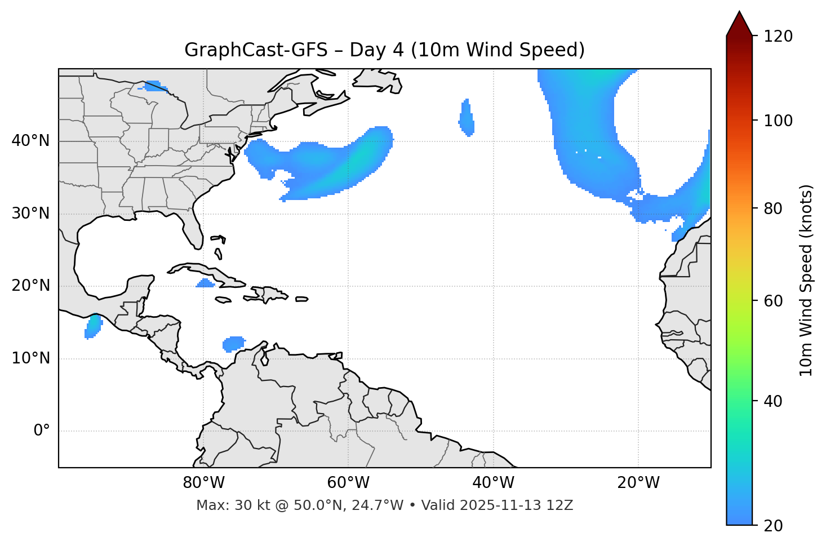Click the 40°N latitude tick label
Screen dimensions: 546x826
coord(30,141)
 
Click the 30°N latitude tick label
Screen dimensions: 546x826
coord(30,214)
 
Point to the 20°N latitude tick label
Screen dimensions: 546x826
coord(30,286)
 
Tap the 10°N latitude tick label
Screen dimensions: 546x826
coord(30,358)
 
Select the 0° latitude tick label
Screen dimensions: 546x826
coord(42,431)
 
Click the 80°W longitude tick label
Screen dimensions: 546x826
coord(203,483)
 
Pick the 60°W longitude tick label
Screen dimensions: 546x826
coord(348,483)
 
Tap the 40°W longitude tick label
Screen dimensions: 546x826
coord(493,483)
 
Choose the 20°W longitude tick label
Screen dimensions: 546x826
coord(638,483)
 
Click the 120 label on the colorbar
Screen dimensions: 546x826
coord(779,37)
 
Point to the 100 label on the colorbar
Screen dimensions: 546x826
coord(779,121)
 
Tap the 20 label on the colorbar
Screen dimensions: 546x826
coord(773,526)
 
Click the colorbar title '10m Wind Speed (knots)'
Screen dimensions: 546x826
coord(806,280)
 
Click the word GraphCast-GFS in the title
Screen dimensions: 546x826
coord(256,50)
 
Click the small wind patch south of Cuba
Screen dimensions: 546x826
coord(206,283)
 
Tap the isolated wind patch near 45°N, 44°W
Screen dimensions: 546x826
coord(466,118)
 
